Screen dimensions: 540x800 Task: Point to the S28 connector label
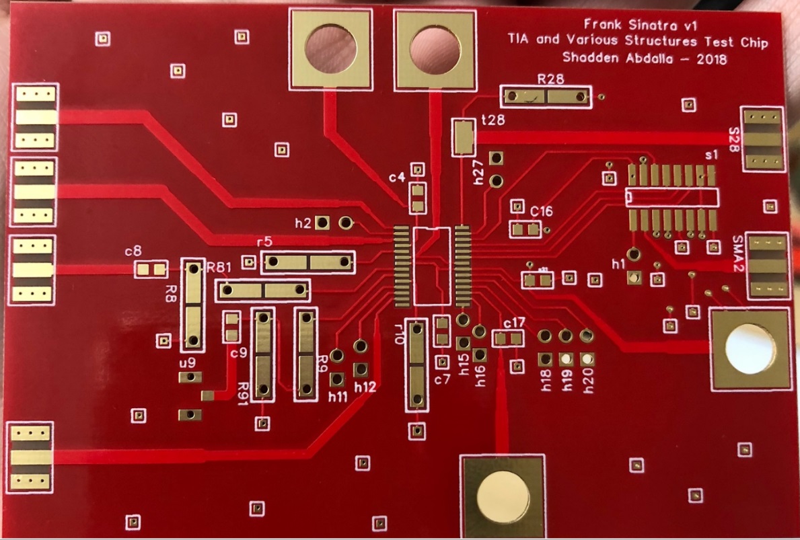733,139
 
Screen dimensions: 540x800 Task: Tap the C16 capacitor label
541,211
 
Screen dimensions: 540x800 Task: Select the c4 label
397,178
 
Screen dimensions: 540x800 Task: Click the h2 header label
303,223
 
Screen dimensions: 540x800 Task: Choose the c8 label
133,252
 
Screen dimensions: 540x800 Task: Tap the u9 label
187,364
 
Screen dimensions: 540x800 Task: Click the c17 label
513,323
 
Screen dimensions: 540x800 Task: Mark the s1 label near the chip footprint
711,155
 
